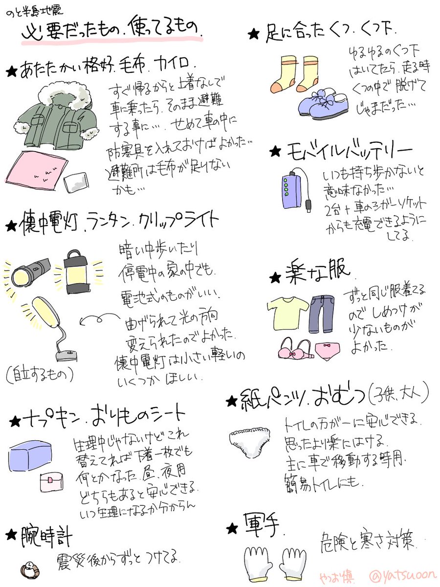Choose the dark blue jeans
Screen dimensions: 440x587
[x=320, y=313]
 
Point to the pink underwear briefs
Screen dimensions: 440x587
[x=326, y=350]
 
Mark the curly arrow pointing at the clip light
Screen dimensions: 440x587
[x=96, y=320]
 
